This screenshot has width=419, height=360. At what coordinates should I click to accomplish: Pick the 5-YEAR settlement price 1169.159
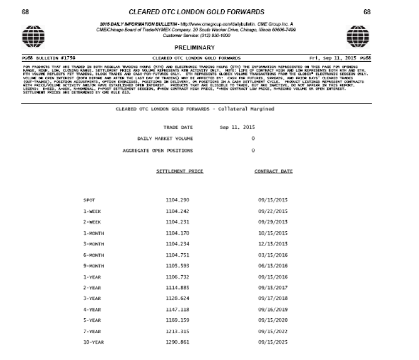177,319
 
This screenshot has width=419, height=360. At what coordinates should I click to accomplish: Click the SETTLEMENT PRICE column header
179,171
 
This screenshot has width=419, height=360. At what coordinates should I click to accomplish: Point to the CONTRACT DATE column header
273,171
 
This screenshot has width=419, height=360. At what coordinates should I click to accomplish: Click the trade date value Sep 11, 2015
237,127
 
